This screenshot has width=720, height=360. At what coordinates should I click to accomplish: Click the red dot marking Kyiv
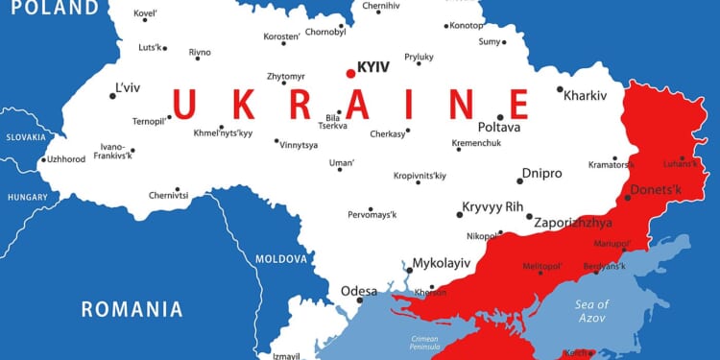(x=350, y=73)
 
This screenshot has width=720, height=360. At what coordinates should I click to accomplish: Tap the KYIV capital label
(x=373, y=67)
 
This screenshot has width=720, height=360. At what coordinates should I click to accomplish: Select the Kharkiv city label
(x=587, y=96)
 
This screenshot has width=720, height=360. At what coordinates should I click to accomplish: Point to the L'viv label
(x=128, y=87)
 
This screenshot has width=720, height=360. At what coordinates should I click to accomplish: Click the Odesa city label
(x=359, y=291)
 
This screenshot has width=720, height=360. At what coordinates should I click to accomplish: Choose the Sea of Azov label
(x=592, y=311)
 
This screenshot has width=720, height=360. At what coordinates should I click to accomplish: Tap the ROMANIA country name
(x=132, y=309)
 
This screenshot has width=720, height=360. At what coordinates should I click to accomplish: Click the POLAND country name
(x=49, y=9)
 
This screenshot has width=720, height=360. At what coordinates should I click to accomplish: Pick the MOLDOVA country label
(x=280, y=259)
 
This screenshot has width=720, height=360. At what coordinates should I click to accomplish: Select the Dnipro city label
(x=541, y=174)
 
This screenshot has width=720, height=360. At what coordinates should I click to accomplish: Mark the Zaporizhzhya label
(x=573, y=223)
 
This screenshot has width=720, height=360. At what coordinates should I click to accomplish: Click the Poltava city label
(x=499, y=127)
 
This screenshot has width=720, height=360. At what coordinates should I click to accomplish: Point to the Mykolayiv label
(x=442, y=262)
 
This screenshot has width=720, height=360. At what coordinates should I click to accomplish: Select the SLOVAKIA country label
(x=25, y=137)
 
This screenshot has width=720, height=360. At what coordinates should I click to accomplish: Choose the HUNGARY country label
(x=27, y=196)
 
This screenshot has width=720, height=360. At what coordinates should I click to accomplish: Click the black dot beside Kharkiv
(x=560, y=89)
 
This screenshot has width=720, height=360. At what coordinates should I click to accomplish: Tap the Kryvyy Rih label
(x=492, y=206)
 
